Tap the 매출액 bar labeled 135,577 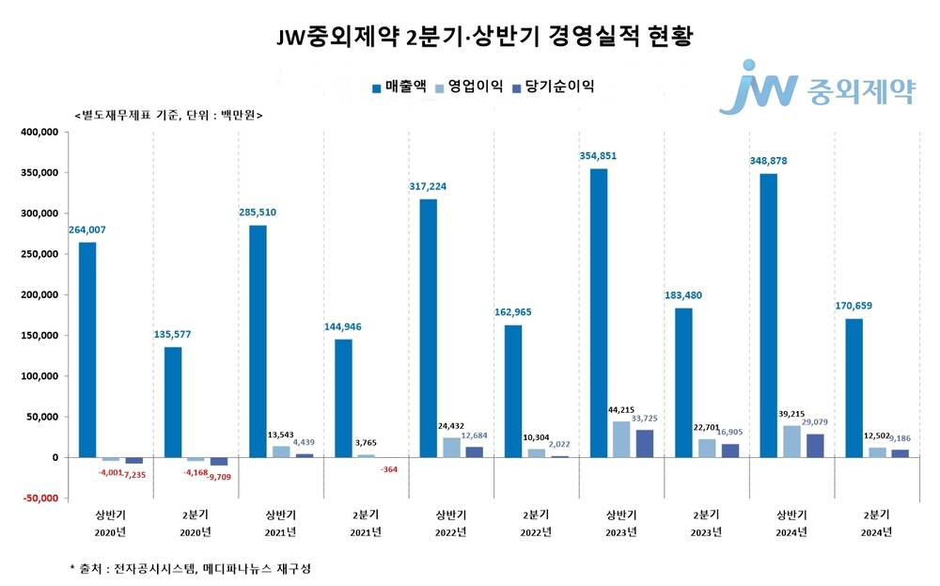point(173,402)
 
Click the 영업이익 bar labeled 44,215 point(621,439)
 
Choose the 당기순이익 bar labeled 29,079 point(814,445)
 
